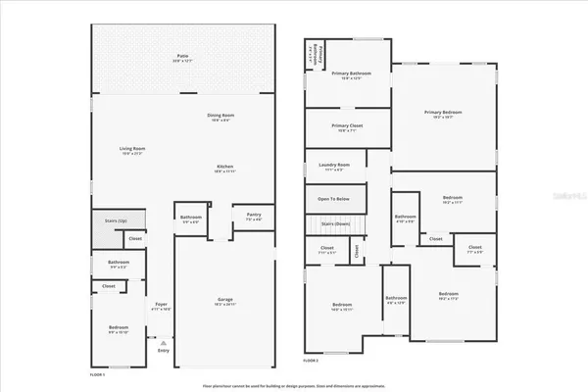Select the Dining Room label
pyautogui.click(x=220, y=118)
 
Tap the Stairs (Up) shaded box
pyautogui.click(x=117, y=222)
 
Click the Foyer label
pyautogui.click(x=162, y=306)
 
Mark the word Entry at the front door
pyautogui.click(x=164, y=350)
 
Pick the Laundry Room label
pyautogui.click(x=334, y=167)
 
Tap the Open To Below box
pyautogui.click(x=334, y=199)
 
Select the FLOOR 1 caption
pyautogui.click(x=97, y=375)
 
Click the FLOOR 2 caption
pyautogui.click(x=310, y=362)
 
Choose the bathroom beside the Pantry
pyautogui.click(x=190, y=220)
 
